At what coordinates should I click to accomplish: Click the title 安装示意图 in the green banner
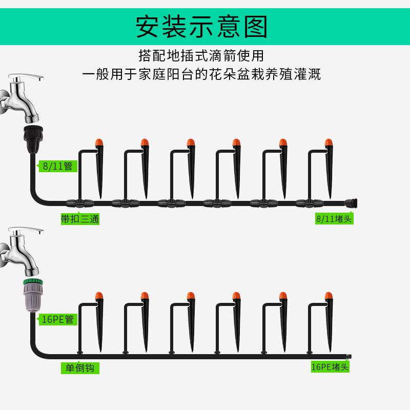point(201,27)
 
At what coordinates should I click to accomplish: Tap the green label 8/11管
point(57,166)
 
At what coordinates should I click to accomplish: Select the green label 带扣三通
point(79,219)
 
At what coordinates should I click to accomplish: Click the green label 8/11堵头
point(334,219)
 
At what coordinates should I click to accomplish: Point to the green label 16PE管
point(57,320)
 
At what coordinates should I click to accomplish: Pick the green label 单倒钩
point(80,368)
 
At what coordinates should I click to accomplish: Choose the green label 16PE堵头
point(330,367)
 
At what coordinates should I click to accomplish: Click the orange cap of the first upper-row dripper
point(99,142)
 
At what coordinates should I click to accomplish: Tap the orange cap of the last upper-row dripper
point(328,142)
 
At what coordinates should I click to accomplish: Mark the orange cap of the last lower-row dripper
point(328,296)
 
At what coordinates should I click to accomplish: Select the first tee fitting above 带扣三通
point(78,203)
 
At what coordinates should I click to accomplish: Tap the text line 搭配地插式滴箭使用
point(201,55)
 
